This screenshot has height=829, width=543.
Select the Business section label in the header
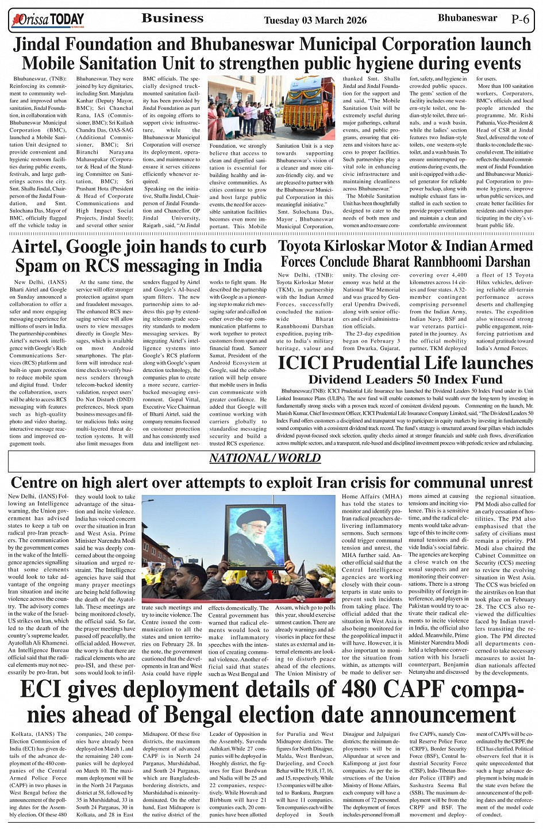[x=172, y=18]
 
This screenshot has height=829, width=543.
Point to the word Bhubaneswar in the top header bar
[x=467, y=18]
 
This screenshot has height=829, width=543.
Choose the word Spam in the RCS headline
[x=40, y=266]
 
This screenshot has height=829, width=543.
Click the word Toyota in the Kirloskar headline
[x=305, y=247]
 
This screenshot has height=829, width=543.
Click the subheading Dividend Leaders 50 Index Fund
[x=405, y=379]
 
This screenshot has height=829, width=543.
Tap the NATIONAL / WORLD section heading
[x=264, y=458]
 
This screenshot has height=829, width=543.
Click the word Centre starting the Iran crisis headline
[x=38, y=482]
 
